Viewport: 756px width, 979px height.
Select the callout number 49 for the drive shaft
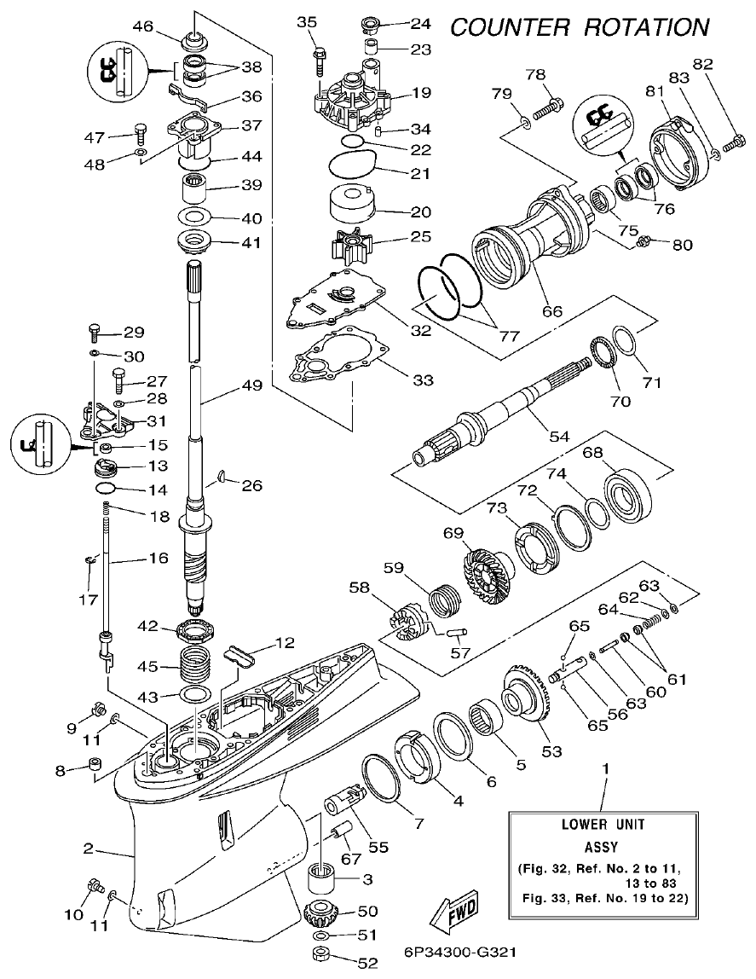pos(251,385)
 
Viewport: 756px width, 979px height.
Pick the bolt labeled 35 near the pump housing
pos(320,60)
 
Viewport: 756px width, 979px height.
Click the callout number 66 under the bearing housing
pos(552,311)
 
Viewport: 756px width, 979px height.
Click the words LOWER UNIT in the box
pos(603,825)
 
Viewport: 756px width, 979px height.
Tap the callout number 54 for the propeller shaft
pos(558,436)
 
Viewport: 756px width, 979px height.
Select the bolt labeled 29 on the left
pos(95,331)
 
